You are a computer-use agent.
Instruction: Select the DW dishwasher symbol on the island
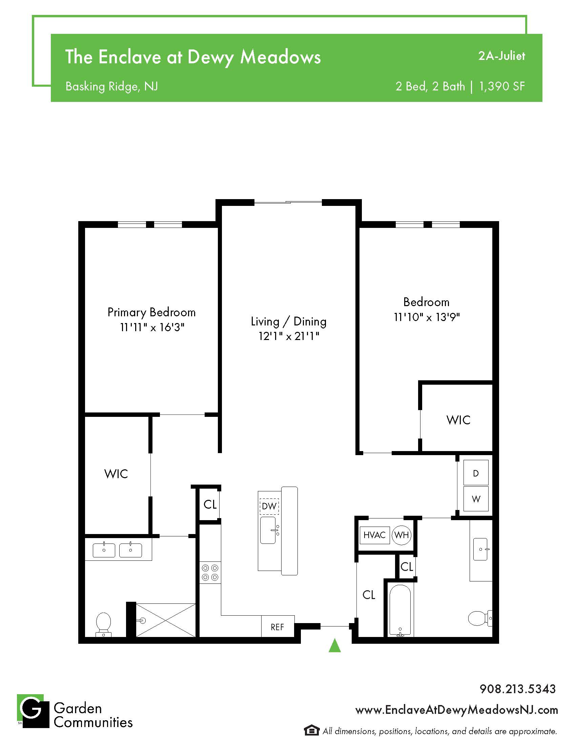point(269,506)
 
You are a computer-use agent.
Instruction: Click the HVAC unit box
point(375,535)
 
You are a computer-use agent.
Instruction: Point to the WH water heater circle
point(402,535)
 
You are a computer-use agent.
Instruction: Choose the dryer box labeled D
point(476,473)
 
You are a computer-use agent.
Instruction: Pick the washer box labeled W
point(476,499)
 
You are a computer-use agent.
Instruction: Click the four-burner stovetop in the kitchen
point(210,572)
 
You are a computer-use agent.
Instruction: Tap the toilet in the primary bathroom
point(104,624)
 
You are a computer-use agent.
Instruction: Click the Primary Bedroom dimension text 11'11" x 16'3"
point(152,327)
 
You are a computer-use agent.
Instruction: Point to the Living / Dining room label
point(289,321)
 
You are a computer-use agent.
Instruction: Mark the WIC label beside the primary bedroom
point(116,474)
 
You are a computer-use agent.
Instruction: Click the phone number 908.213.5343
point(518,689)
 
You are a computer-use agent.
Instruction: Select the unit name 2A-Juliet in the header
point(501,56)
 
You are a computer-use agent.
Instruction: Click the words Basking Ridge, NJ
point(111,86)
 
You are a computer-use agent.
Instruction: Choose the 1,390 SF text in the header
point(502,86)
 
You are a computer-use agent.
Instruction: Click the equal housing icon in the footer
point(311,730)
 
